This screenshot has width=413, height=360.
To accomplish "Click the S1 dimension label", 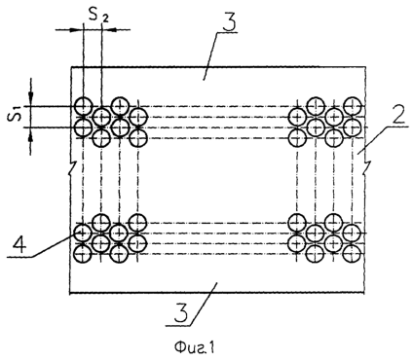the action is (x=16, y=116).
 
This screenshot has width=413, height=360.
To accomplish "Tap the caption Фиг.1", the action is (x=195, y=348).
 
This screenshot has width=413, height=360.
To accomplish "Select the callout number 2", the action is (x=397, y=118).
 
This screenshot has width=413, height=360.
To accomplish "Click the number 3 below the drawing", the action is (x=181, y=313).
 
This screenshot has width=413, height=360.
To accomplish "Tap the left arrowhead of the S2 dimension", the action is (x=77, y=30).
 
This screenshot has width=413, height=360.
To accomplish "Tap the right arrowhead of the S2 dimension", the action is (x=109, y=30).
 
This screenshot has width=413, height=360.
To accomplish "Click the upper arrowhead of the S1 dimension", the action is (x=31, y=98).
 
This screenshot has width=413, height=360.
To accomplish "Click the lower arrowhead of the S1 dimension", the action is (x=31, y=134).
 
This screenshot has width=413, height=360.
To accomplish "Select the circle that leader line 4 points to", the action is (x=84, y=233).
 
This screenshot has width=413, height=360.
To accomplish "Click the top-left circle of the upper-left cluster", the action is (x=84, y=106).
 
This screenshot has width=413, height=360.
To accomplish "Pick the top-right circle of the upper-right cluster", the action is (x=353, y=106).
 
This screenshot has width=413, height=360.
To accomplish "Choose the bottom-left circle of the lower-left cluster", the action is (x=84, y=254).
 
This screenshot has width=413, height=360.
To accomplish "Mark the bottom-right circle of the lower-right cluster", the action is (x=353, y=254).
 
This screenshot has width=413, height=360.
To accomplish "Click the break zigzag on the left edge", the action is (x=72, y=168).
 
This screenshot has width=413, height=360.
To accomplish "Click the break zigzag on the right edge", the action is (x=367, y=165).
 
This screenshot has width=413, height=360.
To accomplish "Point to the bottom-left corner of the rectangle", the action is (x=70, y=293).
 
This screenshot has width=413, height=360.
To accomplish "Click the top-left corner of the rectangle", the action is (x=71, y=67).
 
